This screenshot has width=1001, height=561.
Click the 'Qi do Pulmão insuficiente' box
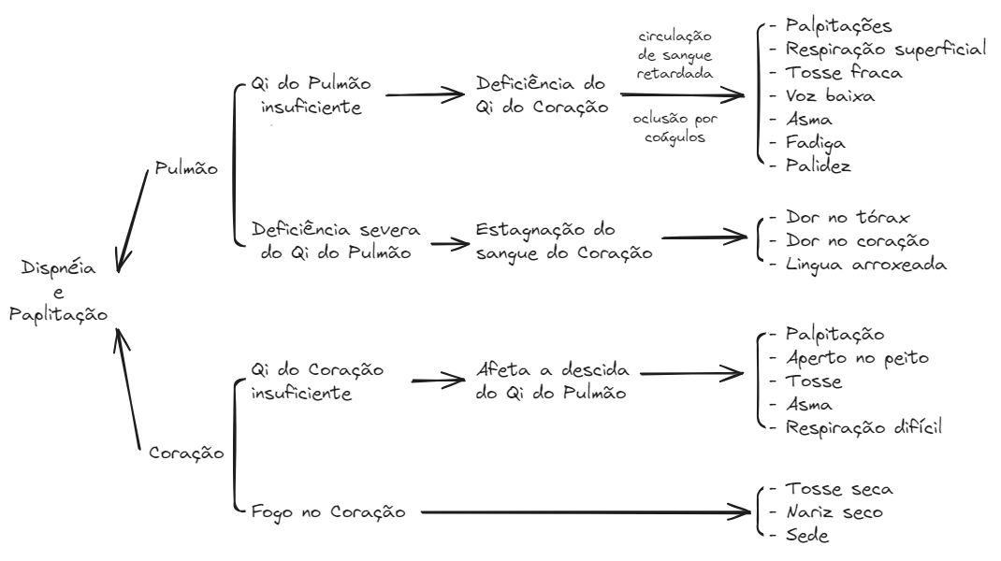tap(312, 94)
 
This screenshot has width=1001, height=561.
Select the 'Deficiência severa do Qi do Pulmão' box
tap(336, 241)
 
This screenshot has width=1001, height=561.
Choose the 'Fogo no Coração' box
tap(327, 512)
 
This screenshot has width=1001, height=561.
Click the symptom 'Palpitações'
tap(838, 25)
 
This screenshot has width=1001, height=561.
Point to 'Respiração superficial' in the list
tap(885, 49)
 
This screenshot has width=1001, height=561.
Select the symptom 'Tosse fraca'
tap(843, 72)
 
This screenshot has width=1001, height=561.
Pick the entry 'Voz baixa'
tap(831, 95)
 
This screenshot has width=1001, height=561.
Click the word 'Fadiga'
tap(816, 142)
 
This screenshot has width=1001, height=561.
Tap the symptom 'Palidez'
tap(819, 165)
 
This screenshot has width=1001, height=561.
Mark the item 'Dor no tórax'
tap(848, 218)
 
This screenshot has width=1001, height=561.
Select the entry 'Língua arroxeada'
tap(866, 265)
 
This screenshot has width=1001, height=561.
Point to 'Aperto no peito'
tap(856, 358)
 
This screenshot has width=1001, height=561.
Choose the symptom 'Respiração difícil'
tap(862, 427)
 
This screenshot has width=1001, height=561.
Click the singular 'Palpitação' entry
tap(834, 335)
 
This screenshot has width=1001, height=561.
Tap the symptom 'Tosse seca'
tap(838, 489)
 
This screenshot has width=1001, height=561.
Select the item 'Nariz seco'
tap(834, 512)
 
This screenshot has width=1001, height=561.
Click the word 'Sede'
tap(806, 536)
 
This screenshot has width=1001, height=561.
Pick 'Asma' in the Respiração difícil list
tap(809, 405)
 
